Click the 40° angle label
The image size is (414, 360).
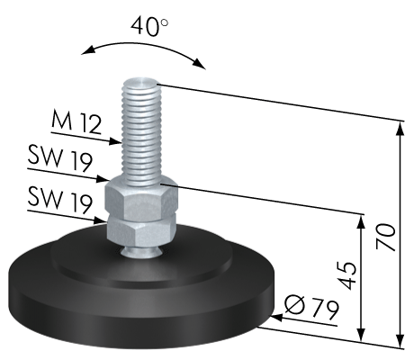click(149, 26)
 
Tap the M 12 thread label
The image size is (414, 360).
click(76, 121)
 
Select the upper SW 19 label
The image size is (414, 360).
click(59, 159)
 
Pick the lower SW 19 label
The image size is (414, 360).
click(59, 201)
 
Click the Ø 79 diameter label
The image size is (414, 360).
click(312, 307)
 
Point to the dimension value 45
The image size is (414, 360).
click(347, 275)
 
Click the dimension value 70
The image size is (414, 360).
click(386, 237)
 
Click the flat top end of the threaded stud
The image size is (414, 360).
click(141, 81)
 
